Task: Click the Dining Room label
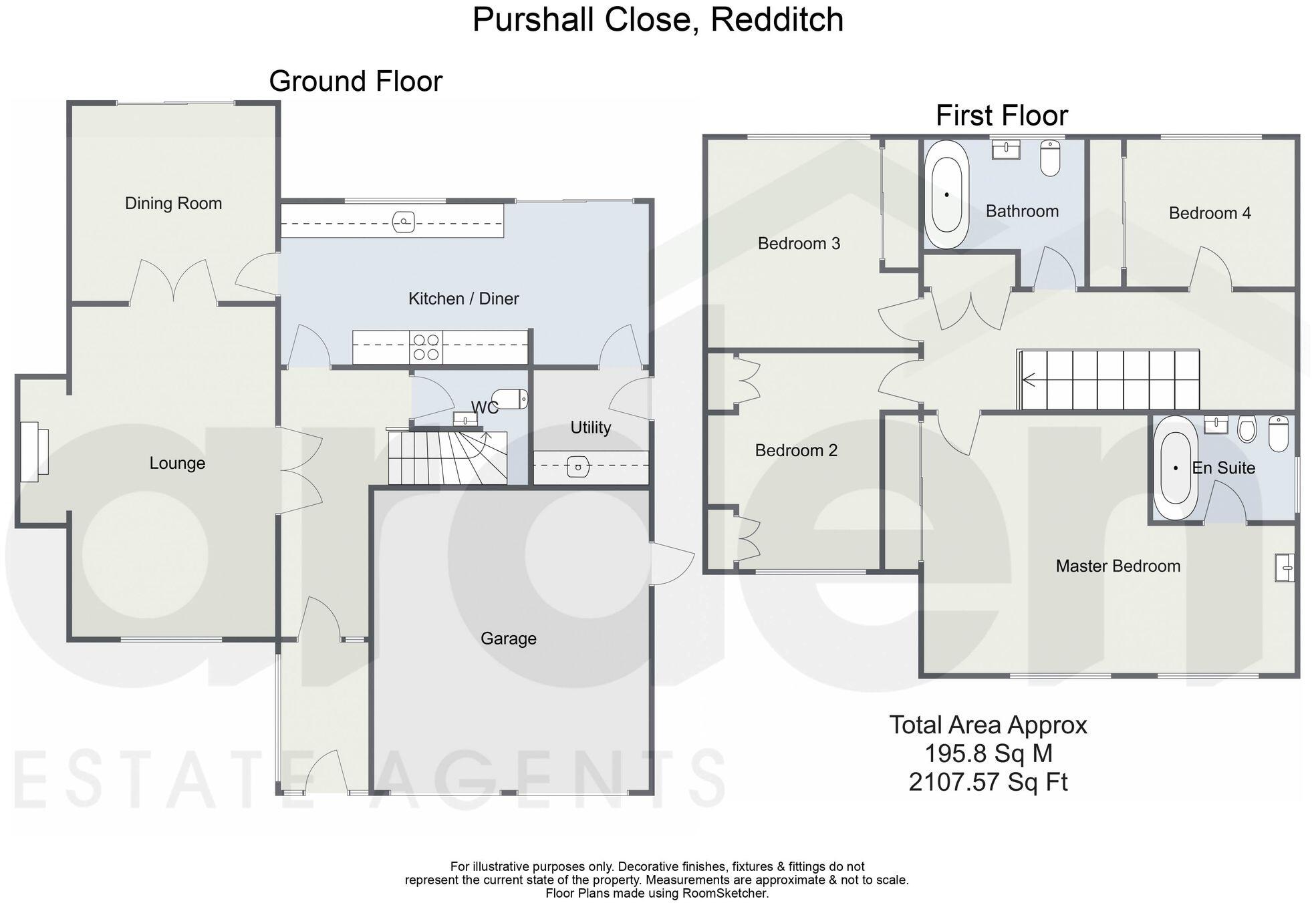(x=173, y=203)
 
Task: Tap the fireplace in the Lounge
(x=33, y=452)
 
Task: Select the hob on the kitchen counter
(x=426, y=347)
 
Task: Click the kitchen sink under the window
(x=404, y=220)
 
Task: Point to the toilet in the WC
(x=510, y=399)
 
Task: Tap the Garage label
(x=508, y=639)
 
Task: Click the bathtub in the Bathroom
(x=946, y=194)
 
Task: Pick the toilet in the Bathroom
(x=1050, y=158)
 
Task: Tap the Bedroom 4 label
(x=1209, y=213)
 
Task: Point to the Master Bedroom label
(x=1118, y=566)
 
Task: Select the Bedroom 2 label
(x=795, y=450)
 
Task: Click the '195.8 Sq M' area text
(x=988, y=753)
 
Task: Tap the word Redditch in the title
(x=777, y=19)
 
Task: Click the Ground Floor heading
(x=356, y=81)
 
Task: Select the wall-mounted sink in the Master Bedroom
(x=1285, y=567)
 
